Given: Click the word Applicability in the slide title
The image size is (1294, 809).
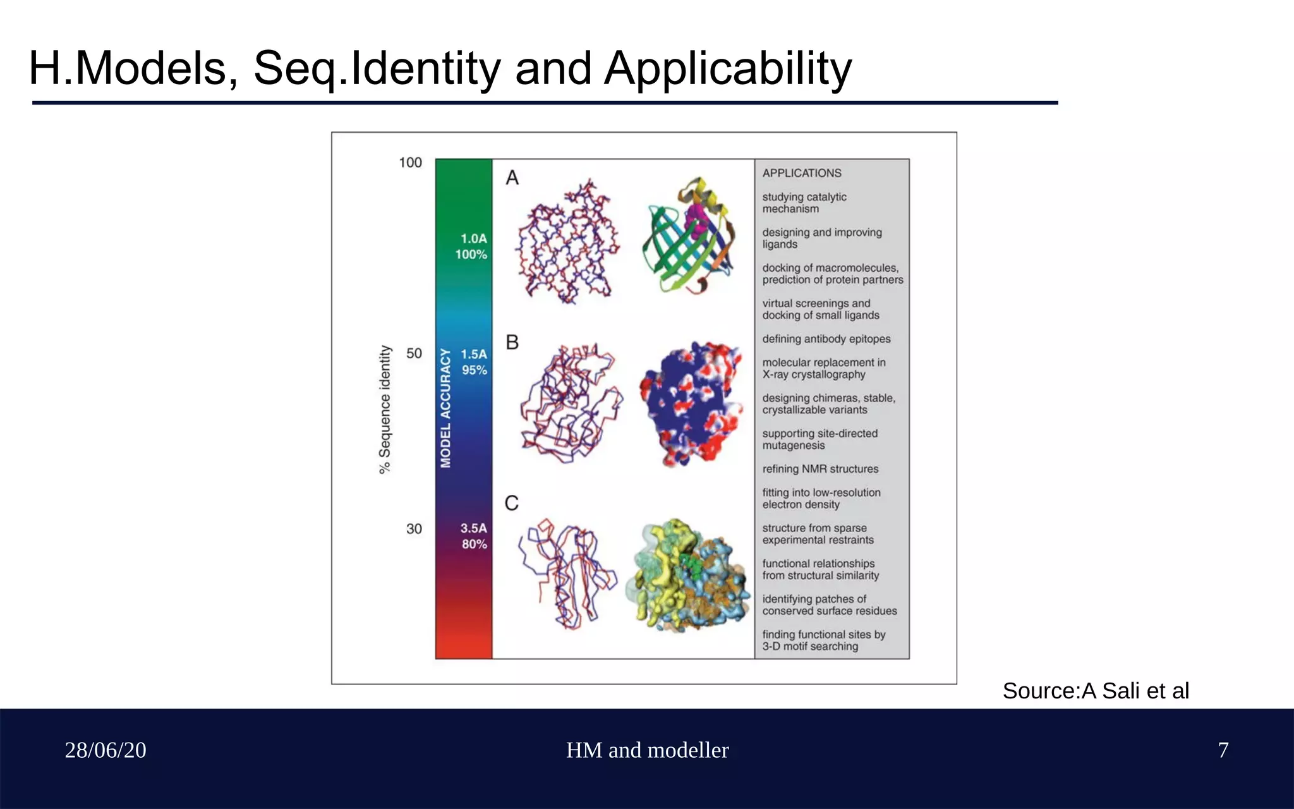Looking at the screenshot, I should [727, 68].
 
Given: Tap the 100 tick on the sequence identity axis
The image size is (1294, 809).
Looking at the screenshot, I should [410, 162].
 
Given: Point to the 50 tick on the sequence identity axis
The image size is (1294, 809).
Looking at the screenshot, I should [414, 353].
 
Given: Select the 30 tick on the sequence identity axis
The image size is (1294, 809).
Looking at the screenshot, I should [414, 528].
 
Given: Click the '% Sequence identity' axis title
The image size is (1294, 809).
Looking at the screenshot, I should [385, 409].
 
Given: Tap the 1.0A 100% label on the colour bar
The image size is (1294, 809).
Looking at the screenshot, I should [472, 246].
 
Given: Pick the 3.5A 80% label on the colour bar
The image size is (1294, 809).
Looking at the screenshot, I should [473, 536].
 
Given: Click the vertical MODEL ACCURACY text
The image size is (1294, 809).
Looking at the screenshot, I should [445, 408].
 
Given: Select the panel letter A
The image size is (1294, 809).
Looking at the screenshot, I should [512, 178].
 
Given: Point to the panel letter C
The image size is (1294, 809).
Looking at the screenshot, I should [512, 503].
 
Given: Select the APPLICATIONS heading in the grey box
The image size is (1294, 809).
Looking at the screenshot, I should [802, 173].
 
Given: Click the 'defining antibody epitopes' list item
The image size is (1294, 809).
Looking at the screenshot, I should [826, 339].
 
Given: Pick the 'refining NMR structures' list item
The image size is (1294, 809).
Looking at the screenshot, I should [820, 469].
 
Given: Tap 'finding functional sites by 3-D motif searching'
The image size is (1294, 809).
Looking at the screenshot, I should [823, 640].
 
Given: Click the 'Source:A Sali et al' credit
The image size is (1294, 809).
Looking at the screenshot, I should [1095, 691].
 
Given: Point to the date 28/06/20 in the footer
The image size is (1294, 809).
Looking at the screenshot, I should [106, 750].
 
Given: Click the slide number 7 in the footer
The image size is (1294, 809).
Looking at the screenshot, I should [1223, 750].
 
